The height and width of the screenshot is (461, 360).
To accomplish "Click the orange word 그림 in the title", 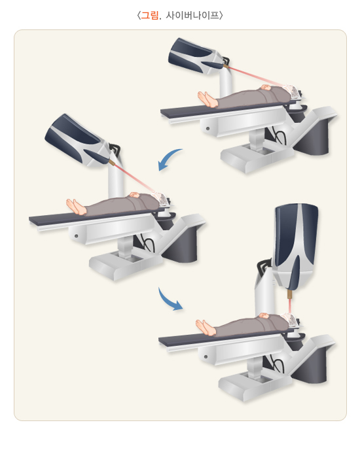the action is click(150, 15).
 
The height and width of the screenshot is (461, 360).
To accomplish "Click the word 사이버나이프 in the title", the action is click(192, 15).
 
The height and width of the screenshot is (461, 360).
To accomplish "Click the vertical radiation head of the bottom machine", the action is click(296, 247).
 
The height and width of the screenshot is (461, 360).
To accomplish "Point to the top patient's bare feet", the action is click(207, 99).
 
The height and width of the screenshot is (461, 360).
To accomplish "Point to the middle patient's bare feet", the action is click(76, 207).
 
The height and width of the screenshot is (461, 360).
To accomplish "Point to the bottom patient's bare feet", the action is click(206, 328).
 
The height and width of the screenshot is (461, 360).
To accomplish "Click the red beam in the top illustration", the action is click(256, 76).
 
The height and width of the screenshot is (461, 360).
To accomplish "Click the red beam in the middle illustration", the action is click(134, 178).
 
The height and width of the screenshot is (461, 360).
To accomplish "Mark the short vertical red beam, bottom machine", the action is click(290, 307).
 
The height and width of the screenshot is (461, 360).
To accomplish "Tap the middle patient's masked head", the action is click(162, 197).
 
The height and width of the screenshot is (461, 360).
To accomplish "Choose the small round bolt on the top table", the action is click(207, 128).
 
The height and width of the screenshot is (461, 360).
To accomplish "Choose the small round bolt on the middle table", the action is click(76, 236).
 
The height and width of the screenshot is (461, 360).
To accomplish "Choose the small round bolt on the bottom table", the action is click(206, 356).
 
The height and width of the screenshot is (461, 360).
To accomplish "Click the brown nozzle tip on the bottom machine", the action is click(290, 295).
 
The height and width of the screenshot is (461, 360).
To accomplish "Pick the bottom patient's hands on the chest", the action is click(264, 315).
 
